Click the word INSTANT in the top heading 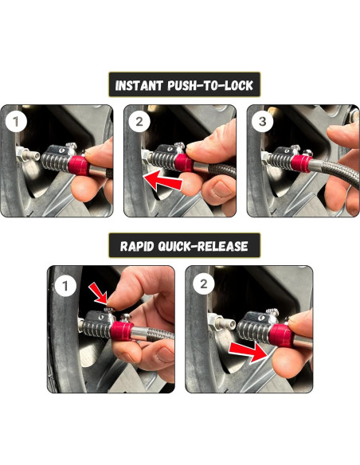click(x=139, y=86)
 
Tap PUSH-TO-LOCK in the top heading click(x=210, y=86)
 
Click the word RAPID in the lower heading click(x=137, y=247)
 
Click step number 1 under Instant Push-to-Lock click(x=16, y=122)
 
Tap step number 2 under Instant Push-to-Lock click(x=139, y=122)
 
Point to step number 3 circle click(x=262, y=122)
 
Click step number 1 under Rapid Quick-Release click(x=65, y=286)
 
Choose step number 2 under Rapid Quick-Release click(x=203, y=284)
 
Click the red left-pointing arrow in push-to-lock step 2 click(x=162, y=180)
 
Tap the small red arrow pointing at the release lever click(x=99, y=293)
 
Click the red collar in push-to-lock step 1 click(x=79, y=165)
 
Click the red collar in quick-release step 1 click(x=121, y=330)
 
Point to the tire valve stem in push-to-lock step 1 click(x=29, y=154)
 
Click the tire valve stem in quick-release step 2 click(x=222, y=322)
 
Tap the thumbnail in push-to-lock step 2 click(x=220, y=190)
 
